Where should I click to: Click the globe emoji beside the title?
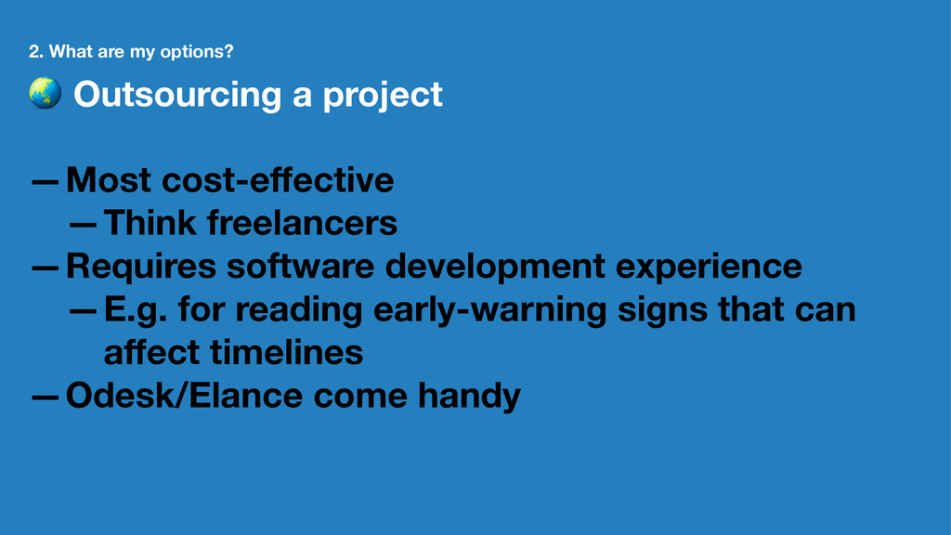(x=46, y=93)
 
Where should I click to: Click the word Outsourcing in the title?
(x=177, y=96)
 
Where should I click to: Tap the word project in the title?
(x=383, y=96)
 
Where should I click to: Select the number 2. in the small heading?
(x=36, y=52)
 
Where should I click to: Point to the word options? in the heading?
(x=197, y=52)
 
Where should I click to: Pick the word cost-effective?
(x=278, y=180)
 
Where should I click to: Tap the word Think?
(x=150, y=223)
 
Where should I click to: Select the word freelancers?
(x=302, y=223)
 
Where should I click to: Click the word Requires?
(x=141, y=267)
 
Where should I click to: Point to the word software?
(x=300, y=267)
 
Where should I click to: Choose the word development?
(x=495, y=267)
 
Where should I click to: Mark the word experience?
(x=709, y=267)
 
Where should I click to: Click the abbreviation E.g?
(x=136, y=310)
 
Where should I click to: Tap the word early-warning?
(x=490, y=310)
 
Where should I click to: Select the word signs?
(x=662, y=310)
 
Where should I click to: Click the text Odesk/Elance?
(x=185, y=396)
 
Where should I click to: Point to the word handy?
(x=469, y=397)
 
